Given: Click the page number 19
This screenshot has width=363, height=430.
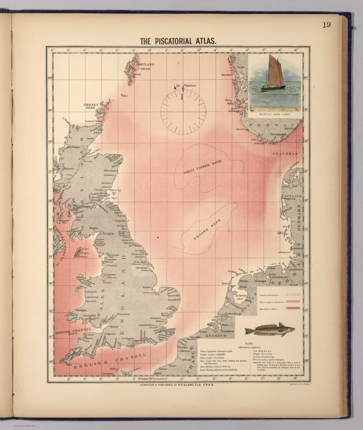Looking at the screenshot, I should point(326,25).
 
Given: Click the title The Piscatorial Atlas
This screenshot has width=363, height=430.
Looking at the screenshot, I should point(178,41).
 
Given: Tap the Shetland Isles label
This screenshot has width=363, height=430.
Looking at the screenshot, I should point(145,66).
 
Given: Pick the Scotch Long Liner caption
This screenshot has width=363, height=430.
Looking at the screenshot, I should point(275,114).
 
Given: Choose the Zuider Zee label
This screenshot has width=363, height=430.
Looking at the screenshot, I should point(241,297).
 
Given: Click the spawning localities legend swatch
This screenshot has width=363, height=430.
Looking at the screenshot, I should point(293,308).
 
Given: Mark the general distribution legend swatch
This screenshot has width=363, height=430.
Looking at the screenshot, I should point(293,295).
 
